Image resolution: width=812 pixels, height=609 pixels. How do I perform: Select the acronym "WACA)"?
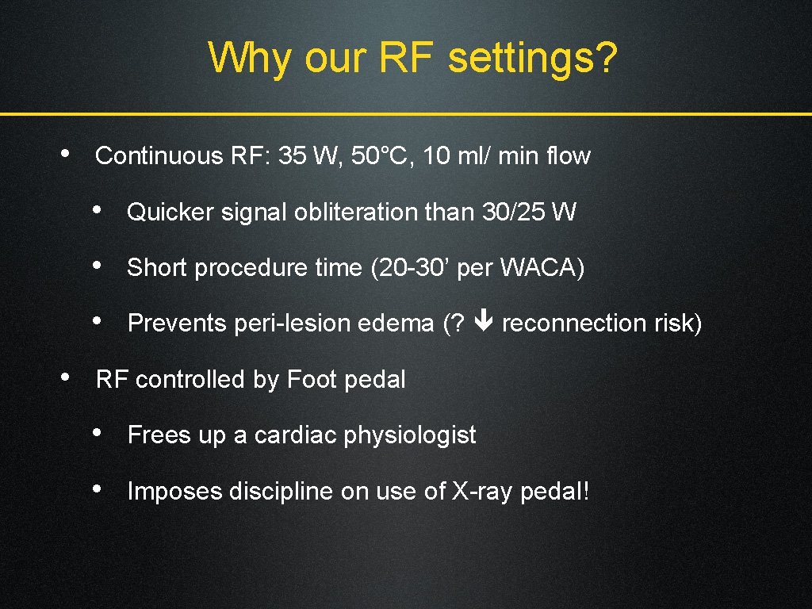pos(542,268)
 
